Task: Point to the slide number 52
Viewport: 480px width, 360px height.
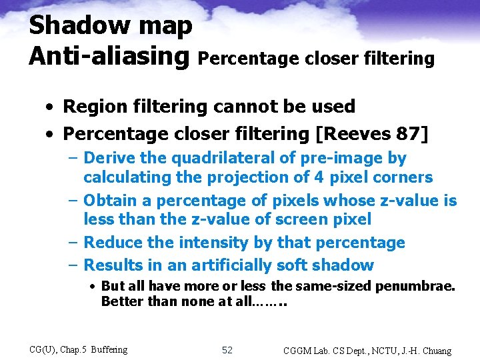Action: click(x=227, y=349)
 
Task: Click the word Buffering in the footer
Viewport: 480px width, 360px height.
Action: click(x=109, y=349)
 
